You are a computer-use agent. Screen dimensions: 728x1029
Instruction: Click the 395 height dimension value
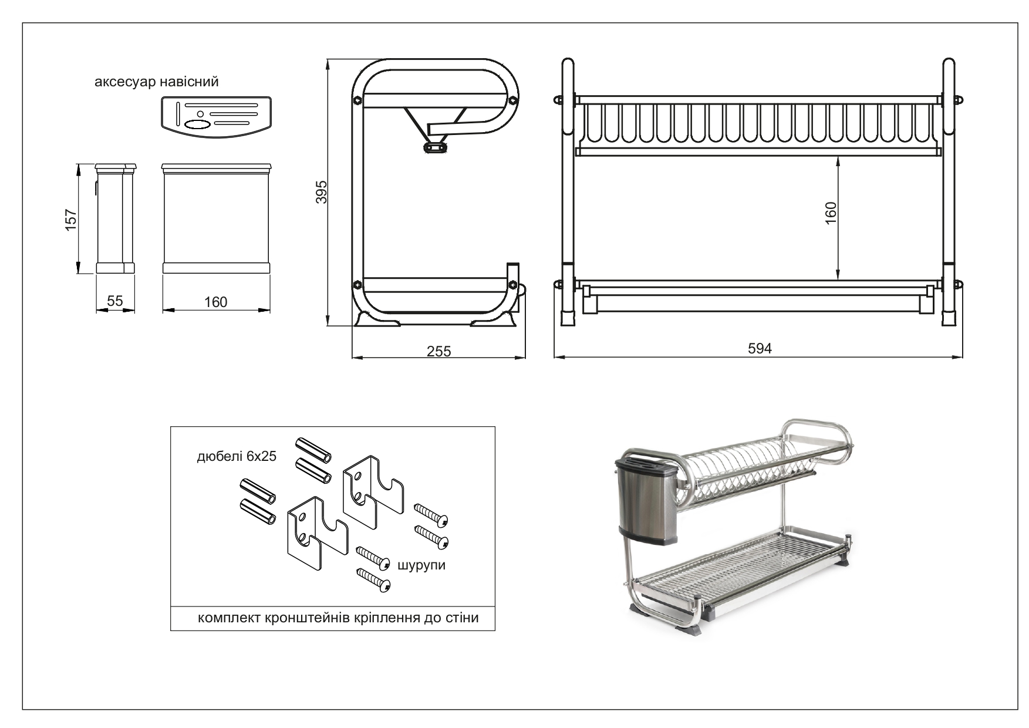tap(321, 192)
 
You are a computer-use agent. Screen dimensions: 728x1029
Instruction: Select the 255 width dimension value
tap(438, 351)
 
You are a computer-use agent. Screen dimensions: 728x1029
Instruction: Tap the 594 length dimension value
tap(760, 349)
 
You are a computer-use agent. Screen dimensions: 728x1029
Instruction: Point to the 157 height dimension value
tap(71, 220)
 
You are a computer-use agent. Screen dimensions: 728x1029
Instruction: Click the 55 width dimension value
tap(115, 301)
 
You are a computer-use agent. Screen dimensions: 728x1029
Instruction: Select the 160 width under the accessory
tap(215, 302)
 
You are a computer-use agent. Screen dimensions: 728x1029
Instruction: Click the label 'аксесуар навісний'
tap(157, 82)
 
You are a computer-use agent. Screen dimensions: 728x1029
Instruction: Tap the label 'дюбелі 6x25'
tap(237, 456)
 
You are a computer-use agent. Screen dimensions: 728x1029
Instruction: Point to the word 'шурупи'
tap(421, 565)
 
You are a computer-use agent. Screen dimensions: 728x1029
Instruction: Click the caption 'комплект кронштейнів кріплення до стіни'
tap(338, 618)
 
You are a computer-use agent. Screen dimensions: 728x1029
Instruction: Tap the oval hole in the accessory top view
tap(197, 124)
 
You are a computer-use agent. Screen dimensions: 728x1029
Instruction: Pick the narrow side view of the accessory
tap(116, 218)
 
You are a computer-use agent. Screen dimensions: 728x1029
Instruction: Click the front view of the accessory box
tap(215, 218)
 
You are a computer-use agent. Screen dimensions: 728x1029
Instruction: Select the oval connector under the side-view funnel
tap(434, 146)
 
